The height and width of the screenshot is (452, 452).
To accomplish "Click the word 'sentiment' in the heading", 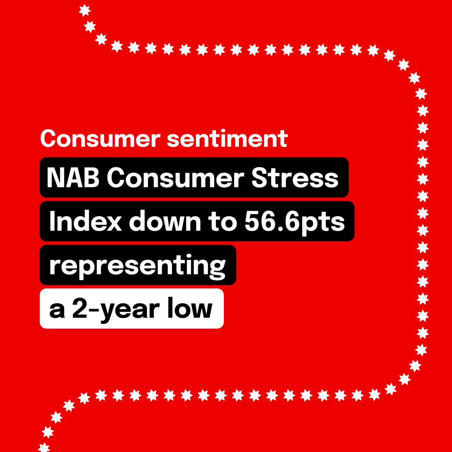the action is point(227,139).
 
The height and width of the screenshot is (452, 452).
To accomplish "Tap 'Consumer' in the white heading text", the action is point(100,139).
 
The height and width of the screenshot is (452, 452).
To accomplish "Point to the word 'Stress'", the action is point(295,178).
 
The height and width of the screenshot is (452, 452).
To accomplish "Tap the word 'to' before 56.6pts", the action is point(222,222).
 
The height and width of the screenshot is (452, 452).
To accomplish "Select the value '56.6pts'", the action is point(295,223).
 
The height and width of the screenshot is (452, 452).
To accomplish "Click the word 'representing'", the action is point(137,266).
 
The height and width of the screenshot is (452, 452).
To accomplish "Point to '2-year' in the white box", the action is point(116,310).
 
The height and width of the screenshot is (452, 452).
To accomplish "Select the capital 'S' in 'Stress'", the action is point(260,178).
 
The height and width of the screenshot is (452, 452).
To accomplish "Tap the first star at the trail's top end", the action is point(85,10).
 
